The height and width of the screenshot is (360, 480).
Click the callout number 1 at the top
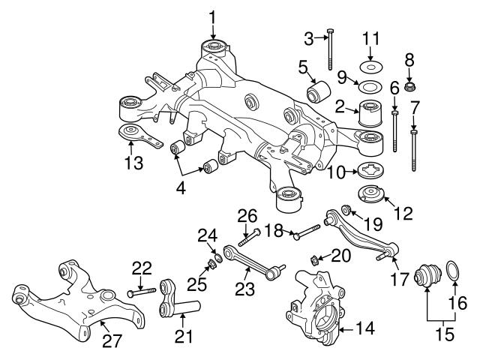tap(212, 16)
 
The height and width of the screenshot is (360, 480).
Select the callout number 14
tap(364, 328)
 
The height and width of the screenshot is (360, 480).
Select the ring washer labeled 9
tap(369, 87)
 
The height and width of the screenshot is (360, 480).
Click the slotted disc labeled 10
tap(369, 171)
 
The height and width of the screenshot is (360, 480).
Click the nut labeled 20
tap(314, 260)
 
